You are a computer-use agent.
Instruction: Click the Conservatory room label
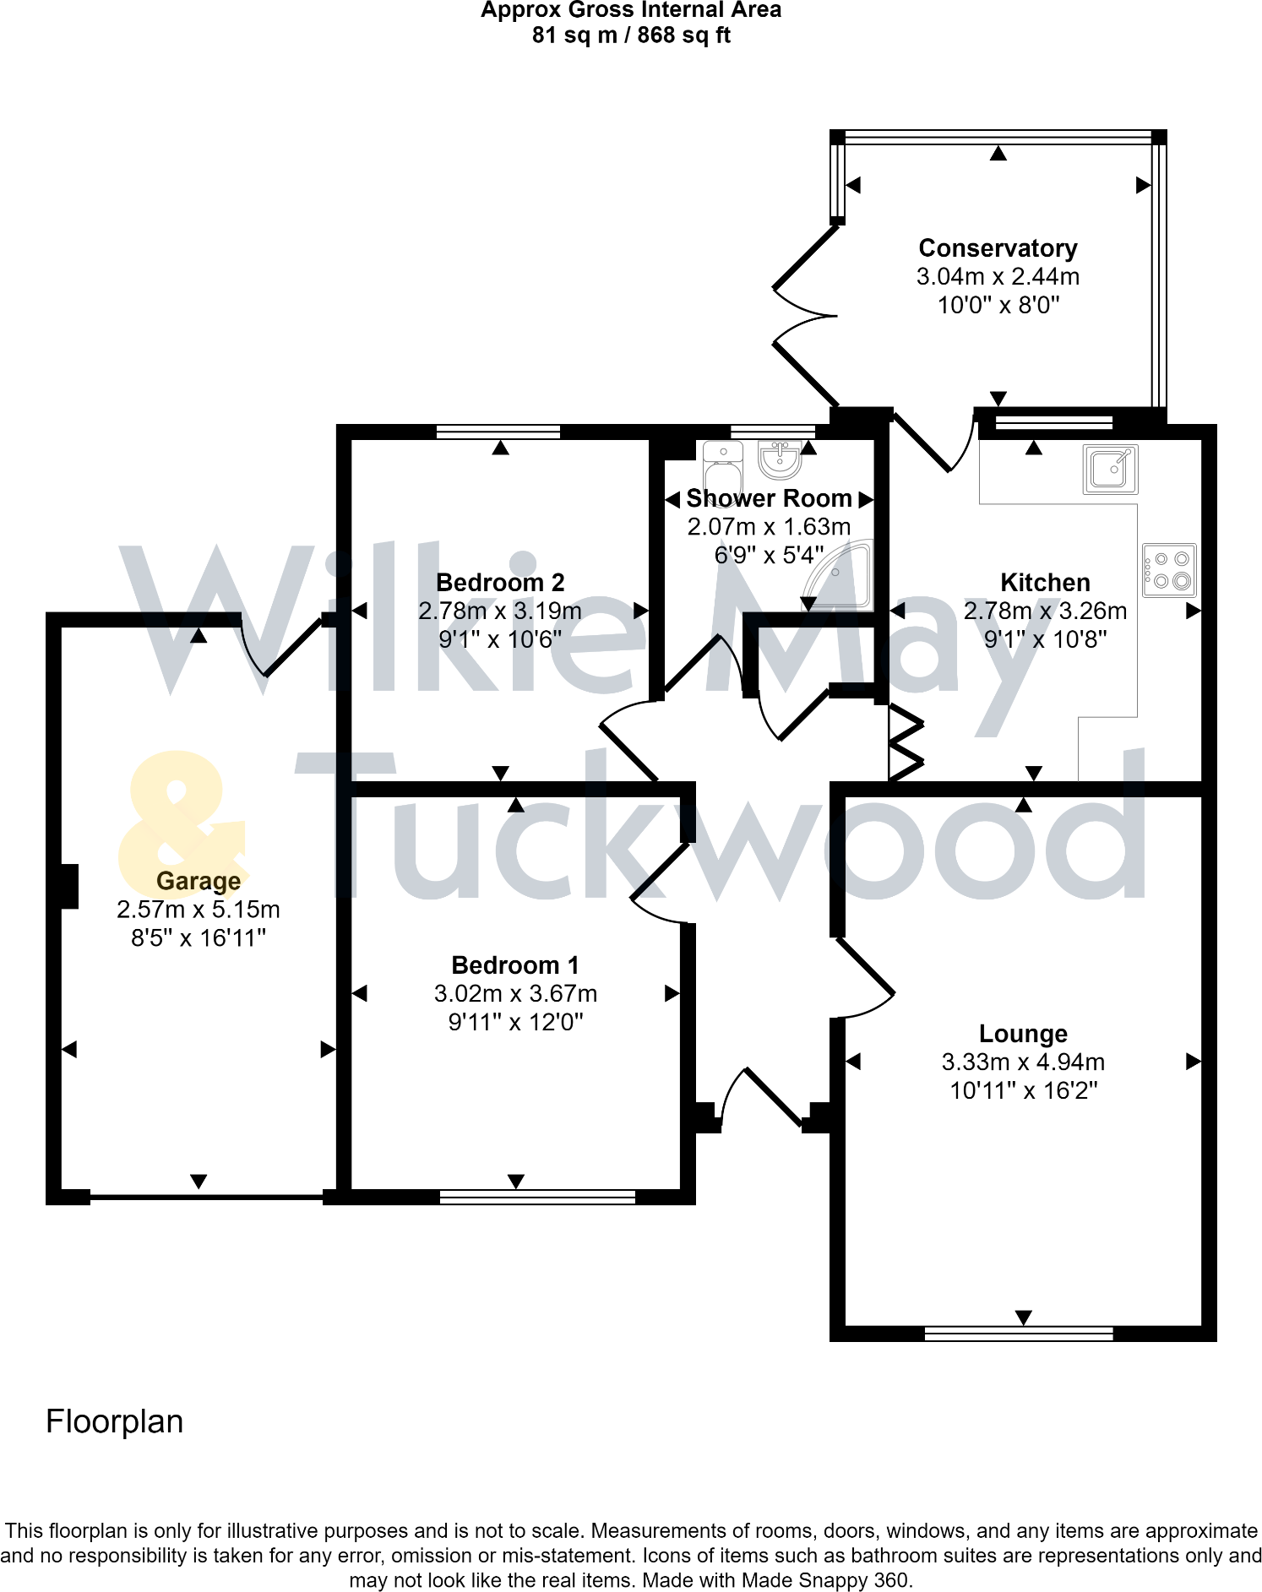coord(998,248)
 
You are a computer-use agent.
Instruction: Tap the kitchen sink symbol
coord(1111,469)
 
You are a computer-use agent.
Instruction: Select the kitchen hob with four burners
coord(1169,570)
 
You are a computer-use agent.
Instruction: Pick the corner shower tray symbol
coord(838,575)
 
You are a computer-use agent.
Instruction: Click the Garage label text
coord(199,881)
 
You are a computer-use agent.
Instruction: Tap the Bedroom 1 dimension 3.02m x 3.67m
coord(515,993)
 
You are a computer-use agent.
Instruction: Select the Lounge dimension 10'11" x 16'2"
coord(1024,1090)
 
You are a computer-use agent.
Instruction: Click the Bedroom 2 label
coord(500,582)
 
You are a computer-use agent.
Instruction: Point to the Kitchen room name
coord(1045,582)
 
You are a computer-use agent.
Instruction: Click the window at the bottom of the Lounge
coord(1019,1334)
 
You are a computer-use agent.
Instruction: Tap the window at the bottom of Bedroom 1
coord(537,1197)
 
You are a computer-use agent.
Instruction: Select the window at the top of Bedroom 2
coord(498,432)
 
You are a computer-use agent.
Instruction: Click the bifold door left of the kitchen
coord(906,742)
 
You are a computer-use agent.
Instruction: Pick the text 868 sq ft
coord(684,35)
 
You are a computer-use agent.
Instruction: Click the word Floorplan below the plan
coord(115,1421)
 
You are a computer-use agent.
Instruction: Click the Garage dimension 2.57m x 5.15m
coord(199,910)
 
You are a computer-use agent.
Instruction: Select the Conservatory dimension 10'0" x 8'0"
coord(998,305)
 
